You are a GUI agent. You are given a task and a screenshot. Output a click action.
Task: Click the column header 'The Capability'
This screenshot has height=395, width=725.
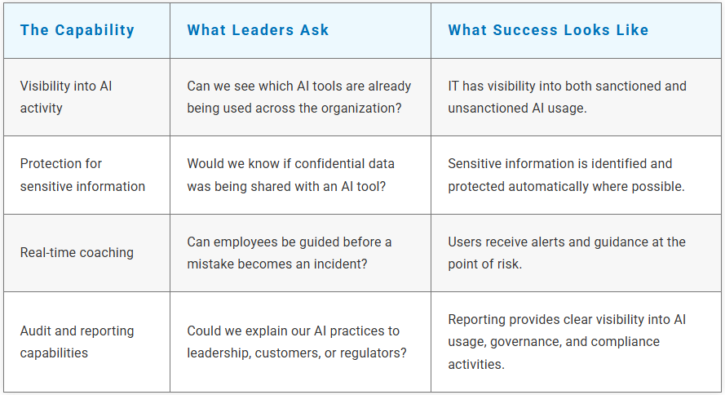77,30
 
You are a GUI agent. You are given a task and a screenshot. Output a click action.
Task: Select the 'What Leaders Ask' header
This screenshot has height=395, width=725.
258,30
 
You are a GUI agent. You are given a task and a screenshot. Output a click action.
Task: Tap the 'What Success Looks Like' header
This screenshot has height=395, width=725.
548,30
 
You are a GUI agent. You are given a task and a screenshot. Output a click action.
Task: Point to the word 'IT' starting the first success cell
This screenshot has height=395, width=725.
453,86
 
